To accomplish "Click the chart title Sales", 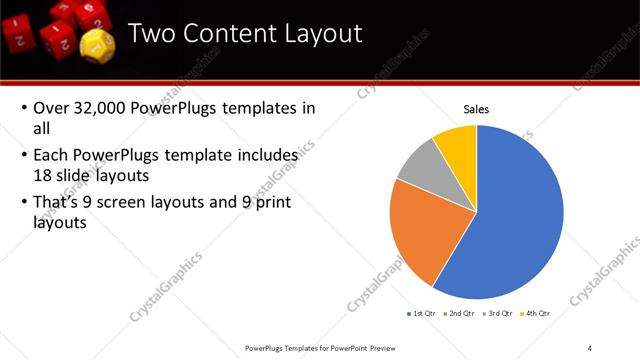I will pos(475,109).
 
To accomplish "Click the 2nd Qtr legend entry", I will pos(459,313).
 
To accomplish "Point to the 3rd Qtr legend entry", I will pos(497,313).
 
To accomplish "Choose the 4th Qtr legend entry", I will pos(535,313).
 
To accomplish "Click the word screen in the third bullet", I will pos(148,202).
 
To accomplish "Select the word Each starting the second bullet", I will pos(52,155).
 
